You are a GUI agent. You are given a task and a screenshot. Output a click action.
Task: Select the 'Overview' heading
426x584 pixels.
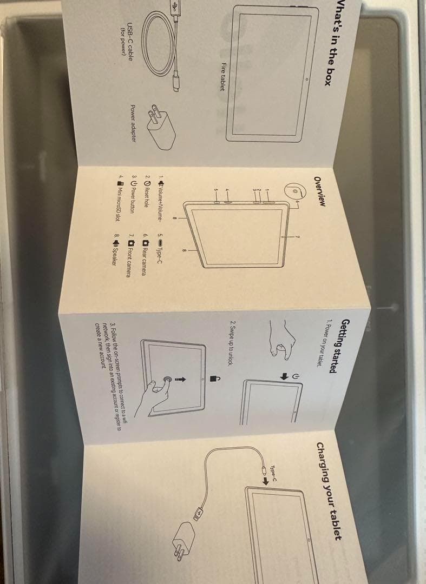tap(320, 191)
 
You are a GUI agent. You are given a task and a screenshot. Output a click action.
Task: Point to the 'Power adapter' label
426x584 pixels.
tap(133, 123)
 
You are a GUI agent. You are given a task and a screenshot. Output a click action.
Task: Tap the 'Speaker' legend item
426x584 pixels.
tap(116, 249)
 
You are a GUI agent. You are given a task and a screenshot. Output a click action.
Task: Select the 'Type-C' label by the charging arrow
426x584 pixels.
tap(273, 474)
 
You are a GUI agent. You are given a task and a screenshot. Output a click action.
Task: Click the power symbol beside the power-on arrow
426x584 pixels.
tap(295, 377)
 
